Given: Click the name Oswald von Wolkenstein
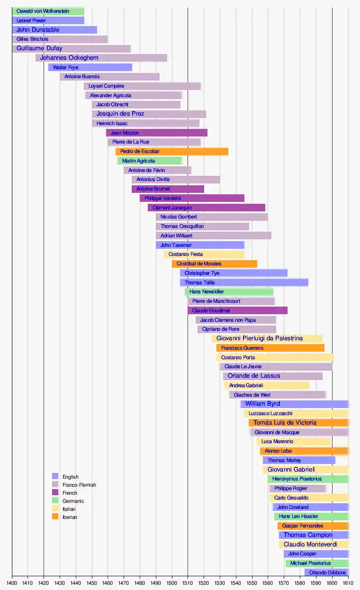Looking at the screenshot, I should click(x=43, y=11).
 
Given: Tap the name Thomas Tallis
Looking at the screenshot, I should click(x=199, y=282).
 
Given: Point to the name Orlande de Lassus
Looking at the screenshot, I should click(x=254, y=376).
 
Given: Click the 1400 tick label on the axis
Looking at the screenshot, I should click(x=12, y=582).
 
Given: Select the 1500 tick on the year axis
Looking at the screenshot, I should click(x=172, y=582).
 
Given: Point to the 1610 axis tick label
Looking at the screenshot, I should click(x=348, y=582).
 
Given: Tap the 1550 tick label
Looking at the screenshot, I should click(x=252, y=582).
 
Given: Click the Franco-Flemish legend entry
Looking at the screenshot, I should click(x=79, y=485).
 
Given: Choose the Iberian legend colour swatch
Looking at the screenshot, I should click(x=55, y=517).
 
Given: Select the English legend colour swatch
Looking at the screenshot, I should click(x=55, y=476).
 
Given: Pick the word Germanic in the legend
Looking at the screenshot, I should click(x=73, y=501).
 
